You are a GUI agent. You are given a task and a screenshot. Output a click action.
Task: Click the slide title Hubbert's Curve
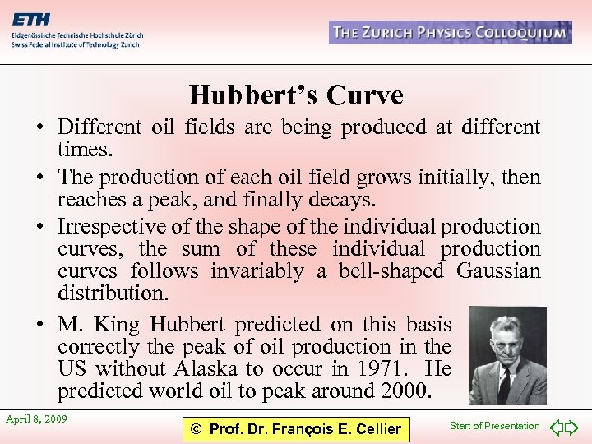(296, 96)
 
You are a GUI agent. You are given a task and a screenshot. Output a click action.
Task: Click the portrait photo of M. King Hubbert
(507, 355)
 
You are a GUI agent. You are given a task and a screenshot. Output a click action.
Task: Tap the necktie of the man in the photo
(503, 383)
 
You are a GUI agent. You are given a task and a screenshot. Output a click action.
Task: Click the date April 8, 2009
(36, 419)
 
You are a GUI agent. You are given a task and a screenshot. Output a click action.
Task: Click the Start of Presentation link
(495, 426)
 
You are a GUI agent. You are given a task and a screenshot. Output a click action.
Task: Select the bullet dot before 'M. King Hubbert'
(39, 324)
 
